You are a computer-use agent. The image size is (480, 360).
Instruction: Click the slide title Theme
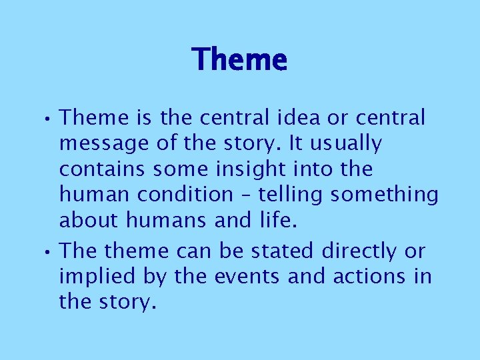239,60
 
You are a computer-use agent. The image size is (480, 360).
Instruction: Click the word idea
300,118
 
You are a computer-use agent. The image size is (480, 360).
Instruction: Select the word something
385,194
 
